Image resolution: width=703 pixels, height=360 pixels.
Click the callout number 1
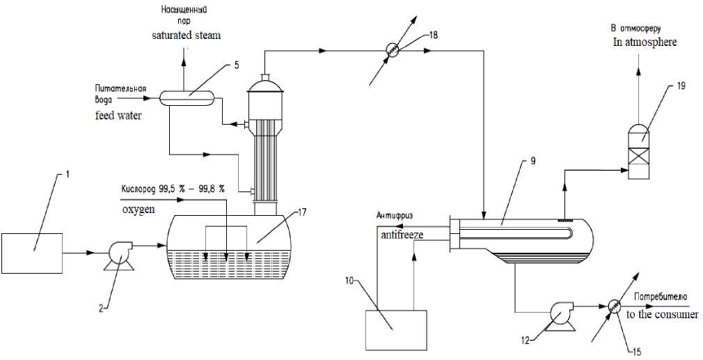(67, 174)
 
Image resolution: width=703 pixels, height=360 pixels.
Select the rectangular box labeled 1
(32, 253)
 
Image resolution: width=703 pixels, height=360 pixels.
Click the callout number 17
(302, 212)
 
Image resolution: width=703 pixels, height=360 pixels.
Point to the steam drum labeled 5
(187, 97)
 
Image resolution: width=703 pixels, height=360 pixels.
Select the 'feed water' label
(118, 115)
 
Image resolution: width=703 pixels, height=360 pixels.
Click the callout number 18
(434, 35)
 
